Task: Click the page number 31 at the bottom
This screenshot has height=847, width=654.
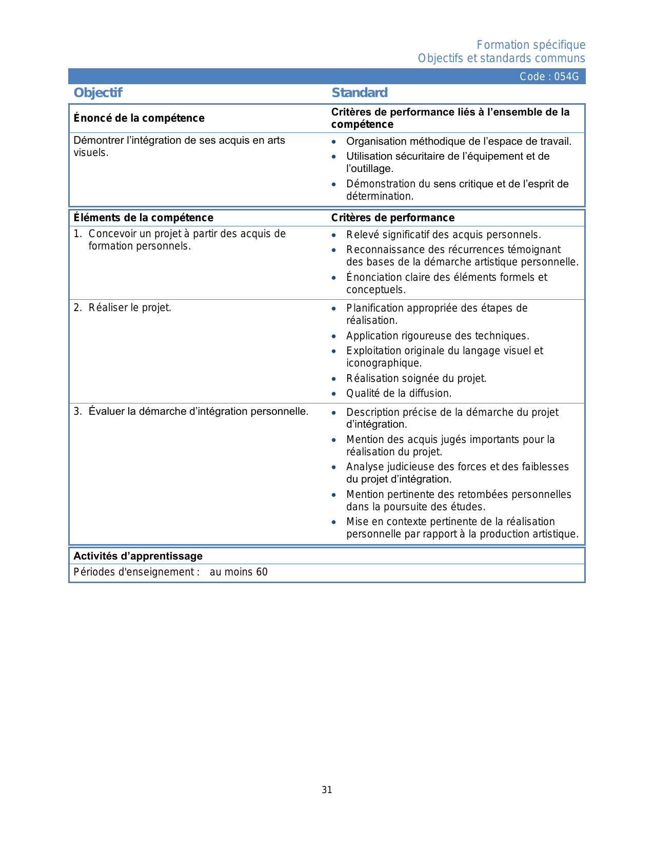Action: pos(327,790)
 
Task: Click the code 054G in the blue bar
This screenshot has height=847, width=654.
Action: pos(566,76)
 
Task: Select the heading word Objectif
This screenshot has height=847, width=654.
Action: pos(98,93)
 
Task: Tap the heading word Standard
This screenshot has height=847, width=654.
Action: pos(360,93)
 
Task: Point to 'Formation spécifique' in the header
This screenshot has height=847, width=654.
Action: pos(531,45)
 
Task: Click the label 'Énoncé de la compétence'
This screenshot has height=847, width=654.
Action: pos(139,118)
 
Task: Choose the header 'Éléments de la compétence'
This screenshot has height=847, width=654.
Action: pos(143,218)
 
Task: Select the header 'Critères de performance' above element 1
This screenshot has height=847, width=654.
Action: pos(392,218)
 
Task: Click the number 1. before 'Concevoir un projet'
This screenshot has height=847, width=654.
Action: pos(77,234)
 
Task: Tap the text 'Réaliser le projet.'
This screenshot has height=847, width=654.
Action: pos(130,307)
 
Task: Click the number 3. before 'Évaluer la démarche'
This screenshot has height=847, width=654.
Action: pos(77,411)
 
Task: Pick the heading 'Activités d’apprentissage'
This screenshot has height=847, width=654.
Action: pos(138,556)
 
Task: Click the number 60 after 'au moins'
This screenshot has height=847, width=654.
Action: pos(262,572)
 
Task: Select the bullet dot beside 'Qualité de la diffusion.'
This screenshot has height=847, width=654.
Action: pos(334,394)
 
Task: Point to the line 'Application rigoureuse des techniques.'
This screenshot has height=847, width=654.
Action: pos(438,336)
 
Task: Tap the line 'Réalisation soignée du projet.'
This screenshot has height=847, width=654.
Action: pos(416,378)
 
